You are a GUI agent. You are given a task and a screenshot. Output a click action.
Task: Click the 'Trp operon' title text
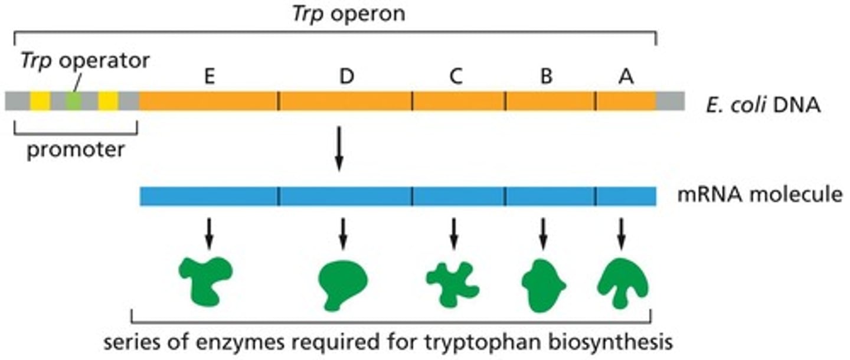(349, 13)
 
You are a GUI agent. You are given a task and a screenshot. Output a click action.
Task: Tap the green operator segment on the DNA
(73, 101)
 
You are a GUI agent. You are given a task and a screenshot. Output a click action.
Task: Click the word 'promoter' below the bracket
(76, 150)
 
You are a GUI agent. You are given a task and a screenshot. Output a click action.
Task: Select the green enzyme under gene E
(206, 279)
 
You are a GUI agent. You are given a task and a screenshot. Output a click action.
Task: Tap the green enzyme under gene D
(342, 284)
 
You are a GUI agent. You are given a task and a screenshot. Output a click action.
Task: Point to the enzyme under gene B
(543, 285)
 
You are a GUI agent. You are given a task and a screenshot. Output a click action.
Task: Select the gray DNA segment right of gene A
(671, 101)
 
